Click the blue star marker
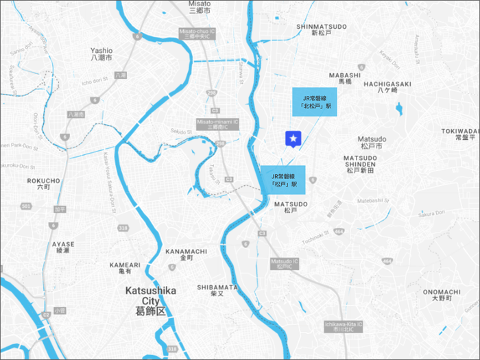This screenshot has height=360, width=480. [x=293, y=139]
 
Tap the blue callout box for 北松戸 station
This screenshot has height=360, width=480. [x=315, y=102]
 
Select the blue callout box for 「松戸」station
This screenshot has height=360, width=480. [x=283, y=180]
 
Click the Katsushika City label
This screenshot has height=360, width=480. [x=150, y=300]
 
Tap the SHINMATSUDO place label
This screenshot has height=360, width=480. [x=322, y=29]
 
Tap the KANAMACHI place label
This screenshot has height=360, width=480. [x=186, y=254]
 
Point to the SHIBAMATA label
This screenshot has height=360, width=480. [x=217, y=290]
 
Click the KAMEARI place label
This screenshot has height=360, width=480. [x=125, y=267]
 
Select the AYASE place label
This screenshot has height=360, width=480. [x=63, y=247]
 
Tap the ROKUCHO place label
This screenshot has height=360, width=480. [x=43, y=184]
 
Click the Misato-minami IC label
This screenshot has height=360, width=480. [x=216, y=123]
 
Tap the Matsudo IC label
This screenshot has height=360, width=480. [x=285, y=263]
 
